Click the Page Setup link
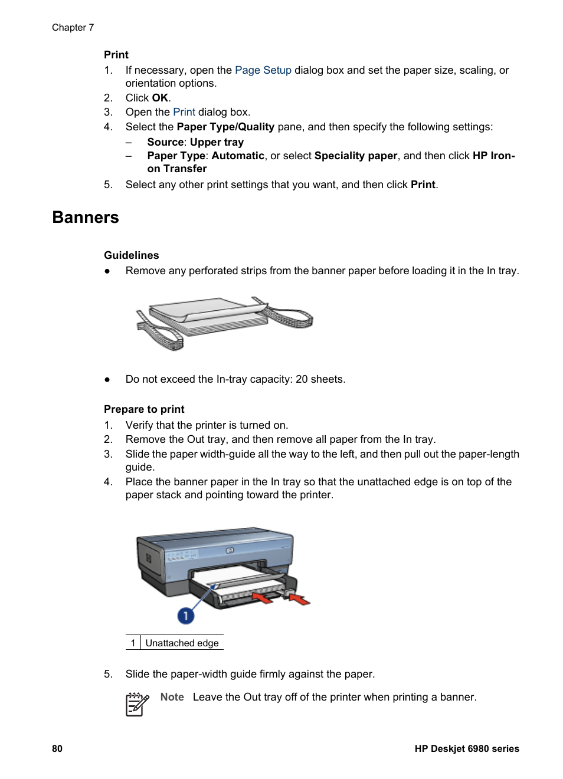263,70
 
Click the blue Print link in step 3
184,112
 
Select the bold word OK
160,98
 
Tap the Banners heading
86,218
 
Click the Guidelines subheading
131,255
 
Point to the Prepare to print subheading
144,409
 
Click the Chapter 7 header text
73,28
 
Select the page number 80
57,748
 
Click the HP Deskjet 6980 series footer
466,748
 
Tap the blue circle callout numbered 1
185,616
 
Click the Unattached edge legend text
182,643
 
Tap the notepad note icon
137,704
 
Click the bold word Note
172,697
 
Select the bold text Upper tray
217,142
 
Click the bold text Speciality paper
355,156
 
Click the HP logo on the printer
230,550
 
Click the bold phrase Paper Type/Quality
225,127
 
